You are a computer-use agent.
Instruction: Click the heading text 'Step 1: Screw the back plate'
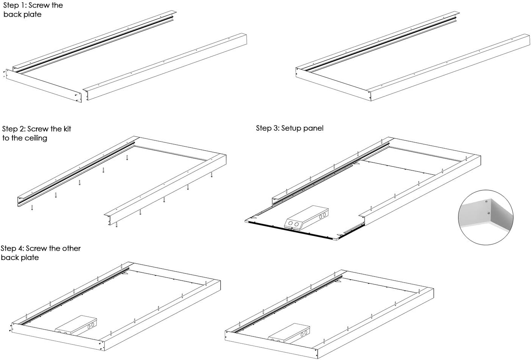[x=33, y=10]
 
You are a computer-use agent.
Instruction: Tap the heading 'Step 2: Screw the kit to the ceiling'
[x=36, y=133]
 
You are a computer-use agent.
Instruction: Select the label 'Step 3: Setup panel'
[x=290, y=128]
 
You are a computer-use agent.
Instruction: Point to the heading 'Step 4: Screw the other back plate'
[x=40, y=253]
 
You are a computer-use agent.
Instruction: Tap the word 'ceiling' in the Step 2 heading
[x=36, y=138]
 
